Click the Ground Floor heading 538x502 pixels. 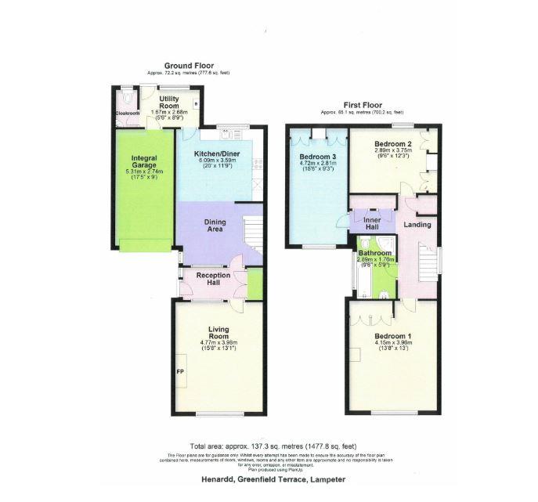pyautogui.click(x=189, y=65)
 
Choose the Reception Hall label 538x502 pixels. pyautogui.click(x=212, y=279)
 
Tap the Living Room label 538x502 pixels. pyautogui.click(x=218, y=333)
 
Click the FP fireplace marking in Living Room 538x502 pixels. pyautogui.click(x=180, y=371)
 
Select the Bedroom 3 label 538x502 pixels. pyautogui.click(x=317, y=157)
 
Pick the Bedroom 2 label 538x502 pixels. pyautogui.click(x=392, y=144)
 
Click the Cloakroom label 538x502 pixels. pyautogui.click(x=127, y=114)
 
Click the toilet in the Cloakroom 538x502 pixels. pyautogui.click(x=128, y=99)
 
